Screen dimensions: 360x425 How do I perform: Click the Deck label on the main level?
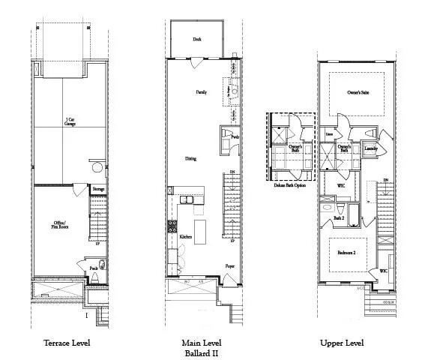click(196, 38)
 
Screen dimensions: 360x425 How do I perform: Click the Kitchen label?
click(185, 236)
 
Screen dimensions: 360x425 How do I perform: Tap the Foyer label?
click(230, 266)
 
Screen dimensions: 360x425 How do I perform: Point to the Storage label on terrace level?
click(98, 190)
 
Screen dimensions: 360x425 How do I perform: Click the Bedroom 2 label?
click(346, 253)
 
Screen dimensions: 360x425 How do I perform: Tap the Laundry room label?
click(370, 148)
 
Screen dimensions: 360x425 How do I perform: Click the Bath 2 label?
click(338, 218)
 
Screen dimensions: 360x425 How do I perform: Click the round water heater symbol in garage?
click(97, 167)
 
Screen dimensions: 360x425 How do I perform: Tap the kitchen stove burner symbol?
click(172, 224)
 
